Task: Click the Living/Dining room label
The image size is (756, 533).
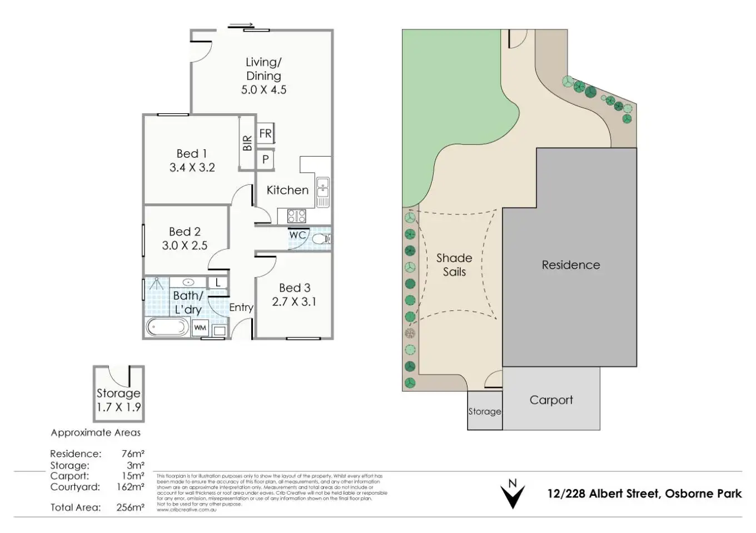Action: [263, 69]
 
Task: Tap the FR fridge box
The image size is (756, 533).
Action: [265, 133]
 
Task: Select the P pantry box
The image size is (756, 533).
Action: [265, 159]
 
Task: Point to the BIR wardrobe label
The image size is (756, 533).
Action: [247, 143]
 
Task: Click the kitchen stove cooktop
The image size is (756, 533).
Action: [296, 215]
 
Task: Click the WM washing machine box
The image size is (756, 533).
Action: [200, 328]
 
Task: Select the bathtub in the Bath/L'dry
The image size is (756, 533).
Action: [167, 327]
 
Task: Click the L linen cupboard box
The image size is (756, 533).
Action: [218, 283]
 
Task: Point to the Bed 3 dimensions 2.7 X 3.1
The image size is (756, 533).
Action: [294, 302]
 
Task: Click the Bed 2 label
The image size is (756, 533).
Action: [185, 232]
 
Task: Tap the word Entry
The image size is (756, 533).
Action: [241, 308]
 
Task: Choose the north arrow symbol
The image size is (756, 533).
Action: [513, 493]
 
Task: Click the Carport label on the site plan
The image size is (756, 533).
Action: [551, 400]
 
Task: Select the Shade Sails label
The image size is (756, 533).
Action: [454, 265]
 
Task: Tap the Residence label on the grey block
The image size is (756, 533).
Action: [571, 265]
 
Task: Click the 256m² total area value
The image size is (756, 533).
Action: [131, 507]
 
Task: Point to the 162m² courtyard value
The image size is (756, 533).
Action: [131, 487]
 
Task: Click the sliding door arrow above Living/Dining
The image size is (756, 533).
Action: [241, 25]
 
